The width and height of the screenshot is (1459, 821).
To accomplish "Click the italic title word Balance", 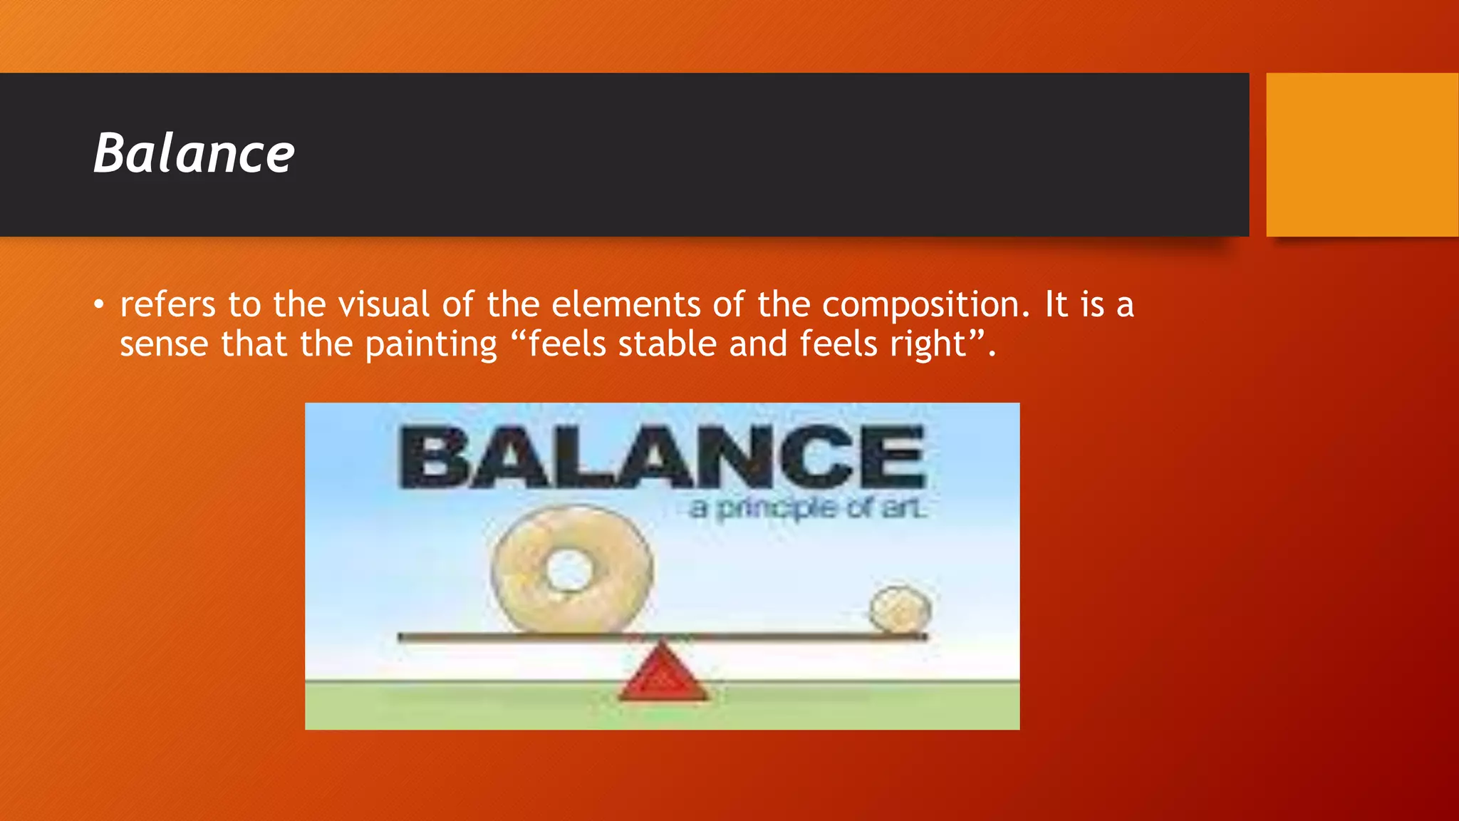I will point(194,153).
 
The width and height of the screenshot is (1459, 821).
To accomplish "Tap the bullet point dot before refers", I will point(98,306).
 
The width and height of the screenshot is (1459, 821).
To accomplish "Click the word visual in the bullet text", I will point(383,305).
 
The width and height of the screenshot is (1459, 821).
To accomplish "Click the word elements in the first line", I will point(626,305).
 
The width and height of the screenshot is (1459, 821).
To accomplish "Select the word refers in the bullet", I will point(167,305).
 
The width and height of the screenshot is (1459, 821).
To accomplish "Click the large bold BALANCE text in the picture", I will point(663,458).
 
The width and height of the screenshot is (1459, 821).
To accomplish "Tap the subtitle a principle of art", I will point(807,509).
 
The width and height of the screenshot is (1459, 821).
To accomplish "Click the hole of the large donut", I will point(569,570).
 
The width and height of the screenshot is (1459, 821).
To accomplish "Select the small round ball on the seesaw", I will point(900,610).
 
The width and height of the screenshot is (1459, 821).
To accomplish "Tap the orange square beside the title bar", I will point(1361,155).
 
